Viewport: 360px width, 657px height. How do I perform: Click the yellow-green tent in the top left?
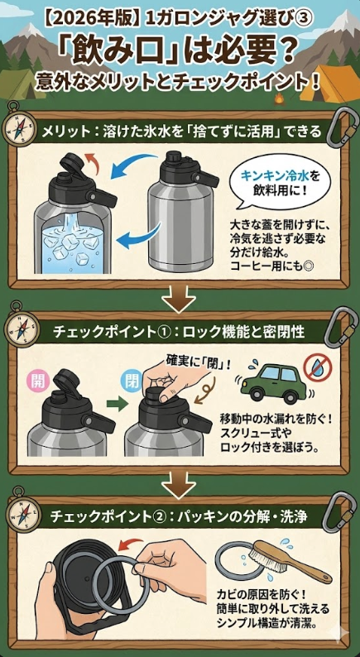[22, 83]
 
